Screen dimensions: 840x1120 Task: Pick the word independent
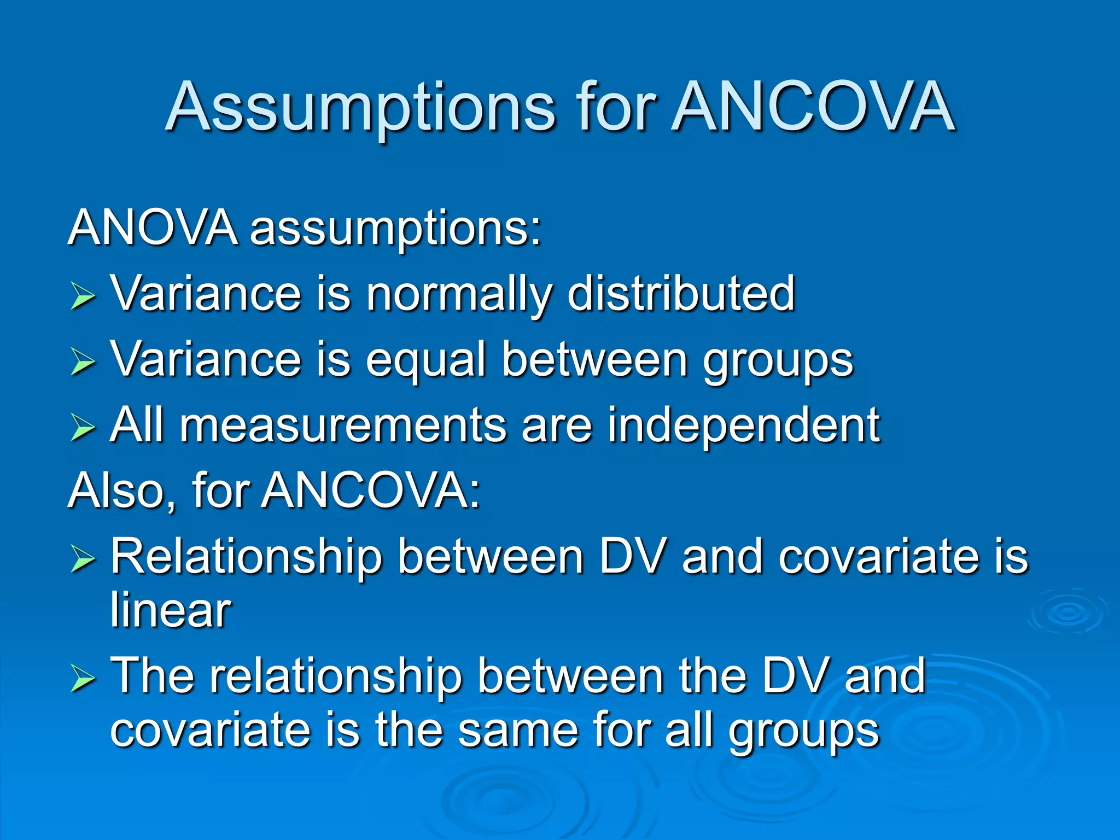pos(744,427)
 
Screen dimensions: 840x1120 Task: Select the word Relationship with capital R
pos(246,558)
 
